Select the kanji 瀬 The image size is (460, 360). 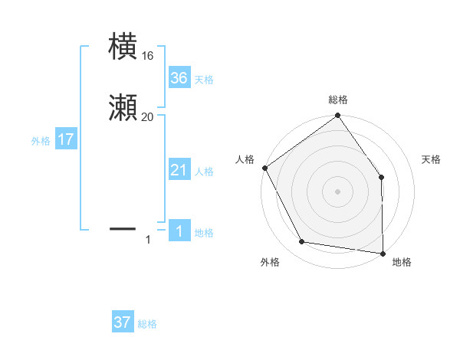[123, 107]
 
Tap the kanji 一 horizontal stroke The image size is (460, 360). [123, 227]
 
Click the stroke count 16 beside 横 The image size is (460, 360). [147, 56]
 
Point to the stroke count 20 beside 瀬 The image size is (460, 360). [147, 116]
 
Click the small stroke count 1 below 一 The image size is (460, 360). [148, 241]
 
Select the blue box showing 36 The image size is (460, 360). [179, 78]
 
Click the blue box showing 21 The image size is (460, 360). [179, 170]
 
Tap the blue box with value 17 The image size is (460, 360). [66, 139]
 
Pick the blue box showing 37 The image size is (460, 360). [123, 322]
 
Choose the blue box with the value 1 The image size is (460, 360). [179, 231]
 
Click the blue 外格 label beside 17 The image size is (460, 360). [41, 141]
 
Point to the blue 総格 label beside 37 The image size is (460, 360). [147, 324]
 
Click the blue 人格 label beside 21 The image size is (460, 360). [204, 172]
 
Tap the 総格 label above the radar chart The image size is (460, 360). [338, 100]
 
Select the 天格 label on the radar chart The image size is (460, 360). [431, 159]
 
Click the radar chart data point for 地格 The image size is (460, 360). [383, 252]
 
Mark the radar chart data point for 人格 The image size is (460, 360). [265, 168]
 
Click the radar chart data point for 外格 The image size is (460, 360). [302, 242]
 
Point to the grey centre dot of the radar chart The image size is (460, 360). [337, 191]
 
